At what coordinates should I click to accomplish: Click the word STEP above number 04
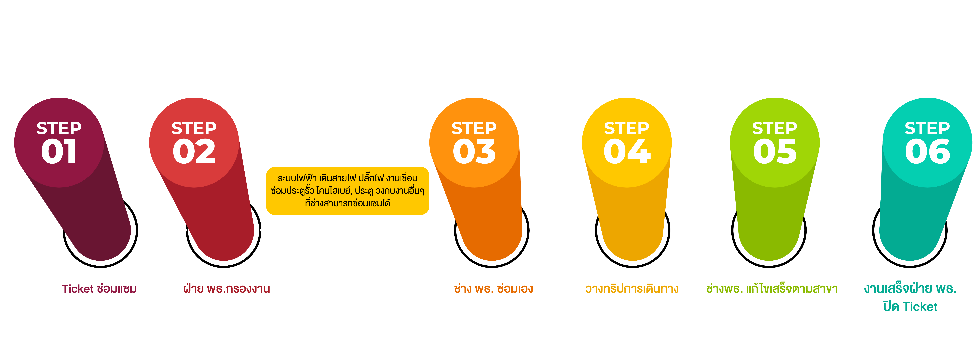point(627,128)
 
